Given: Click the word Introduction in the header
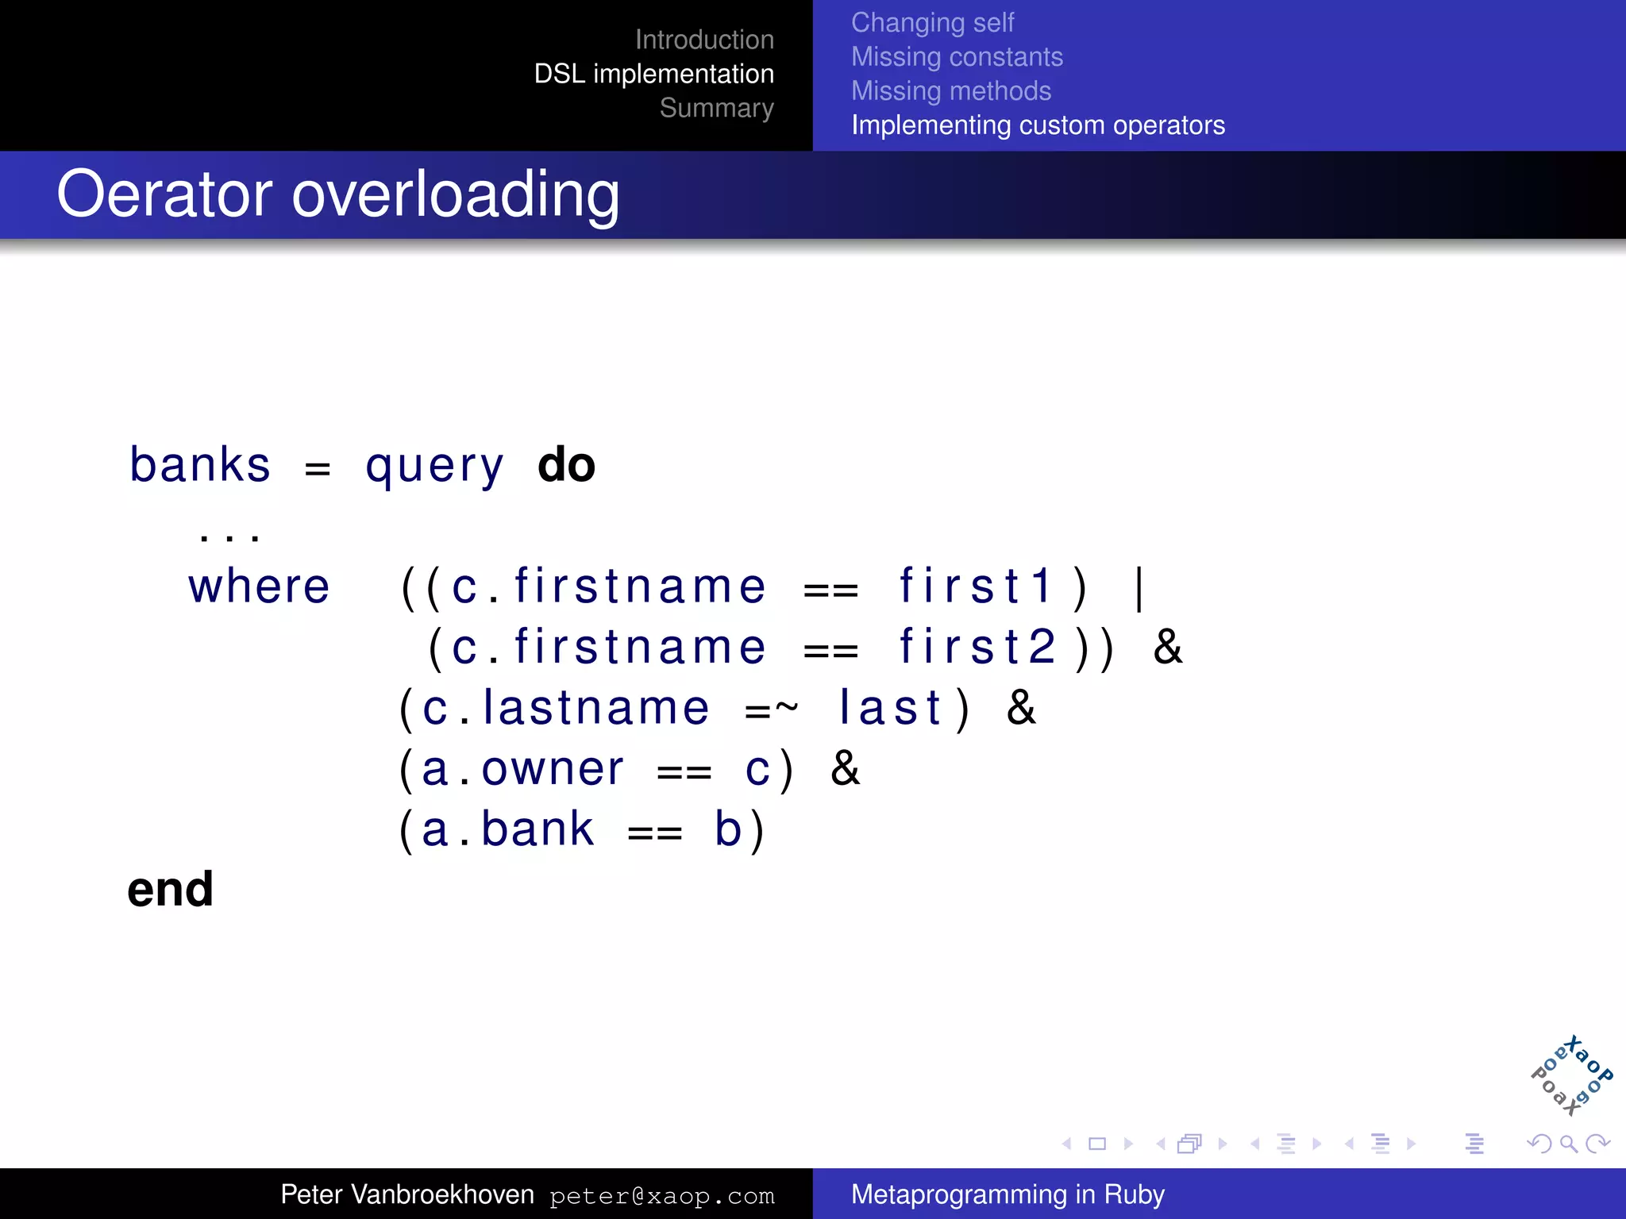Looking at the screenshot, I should (x=704, y=40).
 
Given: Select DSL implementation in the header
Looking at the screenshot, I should (x=653, y=74).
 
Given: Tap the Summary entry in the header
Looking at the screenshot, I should (x=716, y=108).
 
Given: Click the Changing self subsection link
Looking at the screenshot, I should (x=932, y=23).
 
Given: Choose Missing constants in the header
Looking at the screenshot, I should (x=957, y=57).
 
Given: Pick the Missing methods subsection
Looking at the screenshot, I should (x=950, y=91).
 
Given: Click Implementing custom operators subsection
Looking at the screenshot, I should (x=1038, y=125).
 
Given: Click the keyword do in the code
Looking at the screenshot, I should (x=566, y=465).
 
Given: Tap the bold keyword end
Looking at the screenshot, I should (x=171, y=890).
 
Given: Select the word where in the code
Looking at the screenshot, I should (x=259, y=587).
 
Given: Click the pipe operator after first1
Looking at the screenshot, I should (x=1139, y=588).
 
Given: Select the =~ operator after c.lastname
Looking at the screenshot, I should (x=771, y=709).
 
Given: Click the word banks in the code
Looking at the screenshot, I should (x=200, y=465).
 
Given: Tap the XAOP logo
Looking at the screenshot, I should (x=1571, y=1076).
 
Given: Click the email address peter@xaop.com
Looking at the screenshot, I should (x=661, y=1196).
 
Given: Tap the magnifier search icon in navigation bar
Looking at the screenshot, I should (x=1568, y=1144).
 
